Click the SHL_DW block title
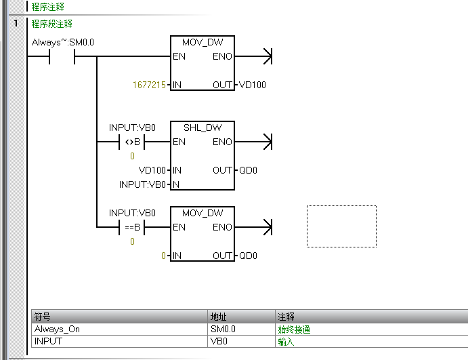202,127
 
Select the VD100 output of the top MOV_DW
253,85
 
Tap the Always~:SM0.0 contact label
63,43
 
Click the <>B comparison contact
132,142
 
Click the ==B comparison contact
132,228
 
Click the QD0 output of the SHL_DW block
248,170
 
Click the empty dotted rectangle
341,226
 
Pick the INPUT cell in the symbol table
48,342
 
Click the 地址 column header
219,317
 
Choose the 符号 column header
43,317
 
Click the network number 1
16,24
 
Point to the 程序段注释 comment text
52,24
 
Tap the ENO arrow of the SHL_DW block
265,142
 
